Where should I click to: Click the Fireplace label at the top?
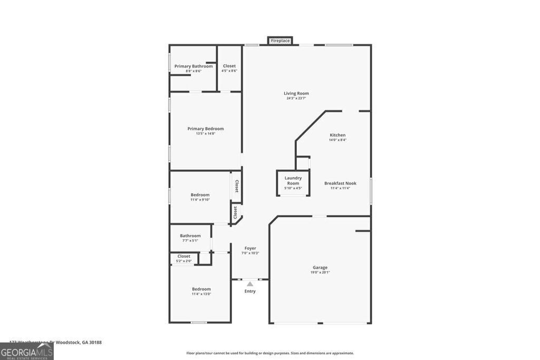click(281, 41)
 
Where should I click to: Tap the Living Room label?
click(296, 93)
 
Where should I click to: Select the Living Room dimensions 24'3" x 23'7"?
click(296, 98)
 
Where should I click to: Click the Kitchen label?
click(337, 135)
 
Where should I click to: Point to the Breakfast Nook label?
click(340, 183)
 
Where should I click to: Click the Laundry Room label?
click(293, 181)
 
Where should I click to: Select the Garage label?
click(320, 267)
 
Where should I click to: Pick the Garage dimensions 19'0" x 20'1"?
click(320, 272)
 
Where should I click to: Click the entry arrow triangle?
click(250, 284)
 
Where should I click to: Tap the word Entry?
click(250, 291)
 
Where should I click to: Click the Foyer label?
click(250, 248)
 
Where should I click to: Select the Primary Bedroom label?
click(206, 129)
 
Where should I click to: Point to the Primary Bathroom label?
click(194, 66)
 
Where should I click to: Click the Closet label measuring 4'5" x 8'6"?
click(229, 66)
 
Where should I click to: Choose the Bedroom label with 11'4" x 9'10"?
click(200, 194)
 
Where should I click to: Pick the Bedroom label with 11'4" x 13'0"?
click(201, 289)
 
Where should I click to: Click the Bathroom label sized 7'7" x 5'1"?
click(190, 236)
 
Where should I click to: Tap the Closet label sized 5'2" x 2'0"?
click(184, 256)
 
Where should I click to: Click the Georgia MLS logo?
click(27, 351)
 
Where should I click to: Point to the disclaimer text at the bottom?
click(270, 353)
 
